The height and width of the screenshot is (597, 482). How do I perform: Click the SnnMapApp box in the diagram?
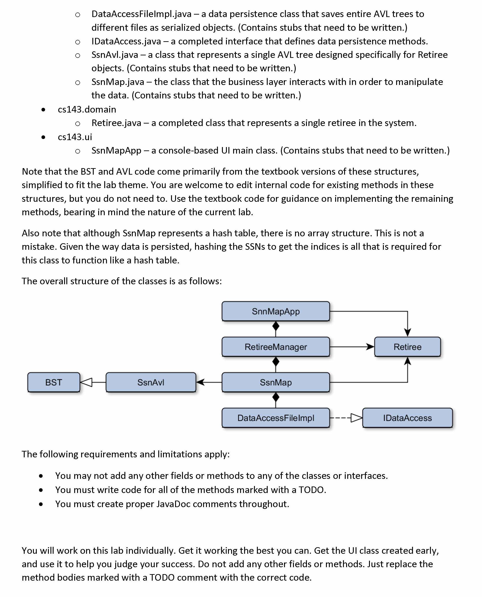tap(276, 311)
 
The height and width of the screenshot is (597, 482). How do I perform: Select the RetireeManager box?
tap(276, 347)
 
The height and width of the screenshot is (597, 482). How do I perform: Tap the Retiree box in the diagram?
tap(407, 347)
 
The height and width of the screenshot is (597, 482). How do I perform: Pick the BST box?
tap(54, 382)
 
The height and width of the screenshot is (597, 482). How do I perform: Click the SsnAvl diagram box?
tap(151, 382)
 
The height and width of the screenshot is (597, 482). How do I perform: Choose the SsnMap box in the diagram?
tap(276, 382)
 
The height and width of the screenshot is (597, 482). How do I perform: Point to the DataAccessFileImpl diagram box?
tap(276, 418)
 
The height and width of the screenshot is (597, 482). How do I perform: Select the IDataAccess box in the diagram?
tap(407, 418)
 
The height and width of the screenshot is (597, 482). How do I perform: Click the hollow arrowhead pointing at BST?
tap(86, 382)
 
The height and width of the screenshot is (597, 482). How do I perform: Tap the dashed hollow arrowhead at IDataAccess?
tap(356, 418)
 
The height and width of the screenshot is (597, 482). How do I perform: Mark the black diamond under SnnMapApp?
tap(276, 326)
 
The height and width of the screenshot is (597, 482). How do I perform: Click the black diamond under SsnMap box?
tap(276, 397)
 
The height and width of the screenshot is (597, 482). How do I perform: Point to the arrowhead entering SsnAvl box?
tap(200, 382)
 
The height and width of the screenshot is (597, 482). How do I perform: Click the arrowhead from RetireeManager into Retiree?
tap(370, 347)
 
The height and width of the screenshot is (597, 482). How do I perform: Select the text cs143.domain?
tap(87, 109)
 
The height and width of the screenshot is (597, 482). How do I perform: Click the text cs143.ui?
tap(75, 137)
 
